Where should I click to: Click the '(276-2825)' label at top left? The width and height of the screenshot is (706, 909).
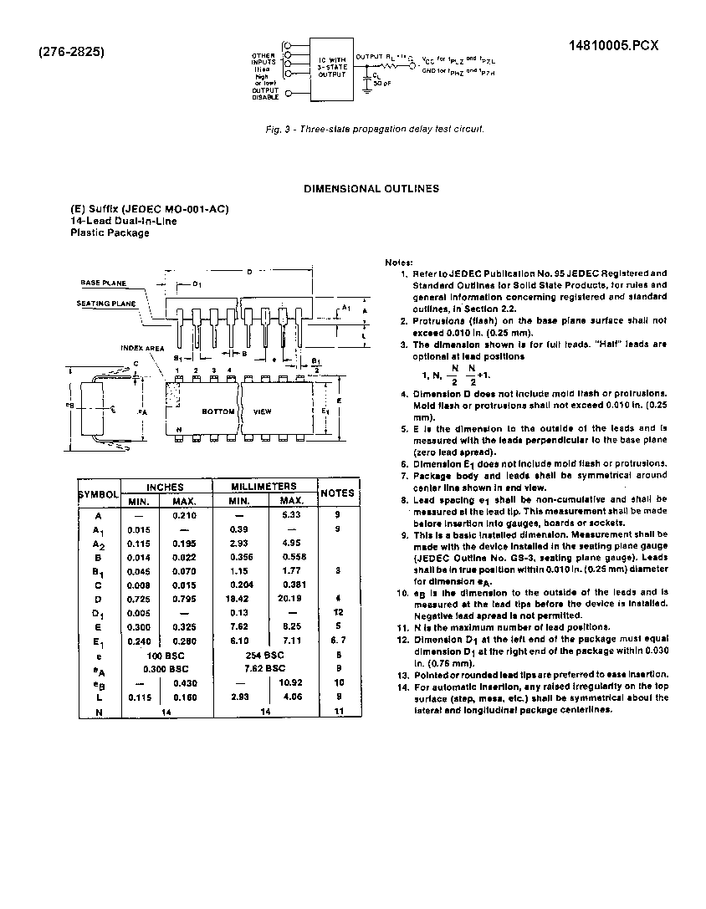click(x=71, y=51)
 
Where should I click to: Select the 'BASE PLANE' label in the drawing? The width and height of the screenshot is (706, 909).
click(x=102, y=283)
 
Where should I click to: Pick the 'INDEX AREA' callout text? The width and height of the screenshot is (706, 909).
click(x=136, y=346)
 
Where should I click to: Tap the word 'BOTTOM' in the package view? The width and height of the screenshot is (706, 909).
click(x=217, y=411)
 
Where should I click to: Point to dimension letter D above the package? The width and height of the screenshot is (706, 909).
click(x=249, y=272)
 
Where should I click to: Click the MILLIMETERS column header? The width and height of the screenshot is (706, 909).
click(x=263, y=486)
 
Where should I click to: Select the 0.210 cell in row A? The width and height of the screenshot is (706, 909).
click(x=183, y=515)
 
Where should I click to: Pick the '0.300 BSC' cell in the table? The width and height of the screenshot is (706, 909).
click(x=167, y=668)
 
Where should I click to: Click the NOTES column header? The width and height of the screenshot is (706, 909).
click(x=338, y=493)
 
